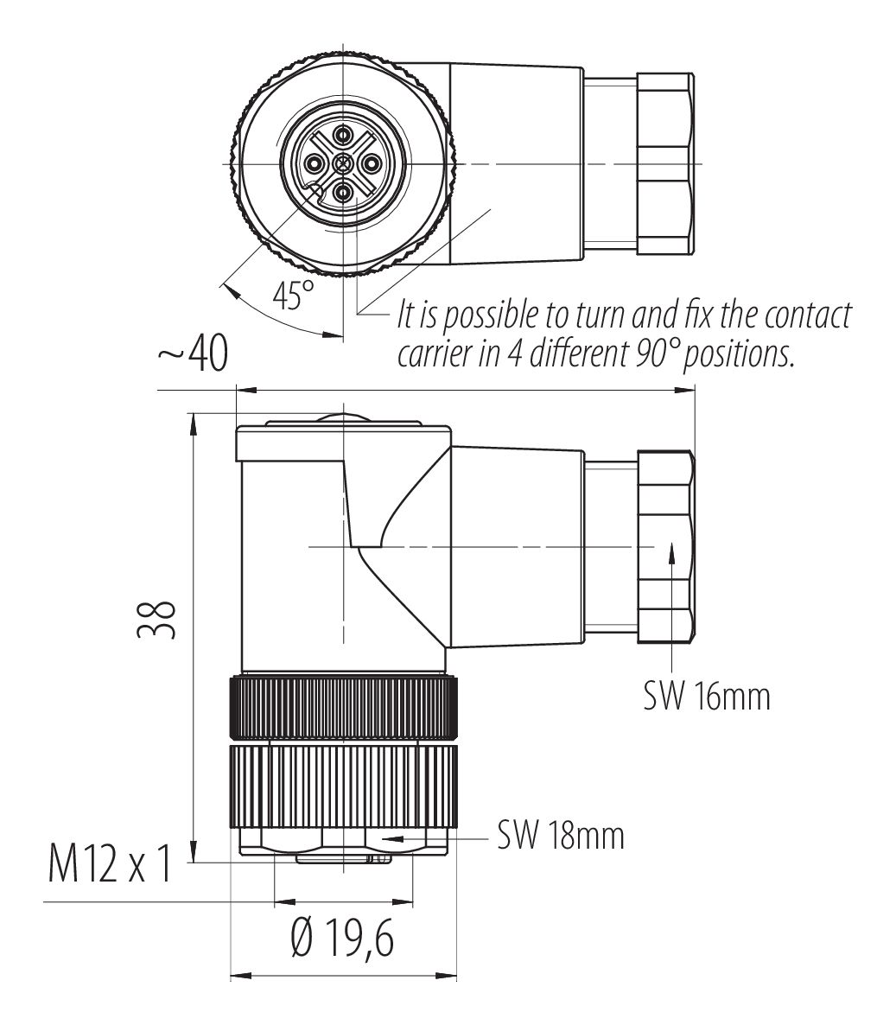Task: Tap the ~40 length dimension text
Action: pos(192,355)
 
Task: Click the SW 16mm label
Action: pos(706,696)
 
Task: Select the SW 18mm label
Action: pos(560,836)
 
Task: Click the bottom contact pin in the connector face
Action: pos(343,192)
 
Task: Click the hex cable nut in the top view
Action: pos(664,163)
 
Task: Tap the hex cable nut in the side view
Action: pos(664,546)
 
